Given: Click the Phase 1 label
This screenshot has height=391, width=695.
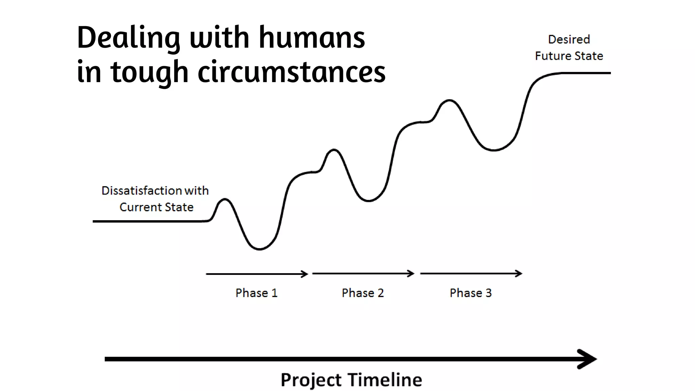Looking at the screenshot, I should pyautogui.click(x=257, y=293).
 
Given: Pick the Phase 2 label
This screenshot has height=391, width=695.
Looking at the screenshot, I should pyautogui.click(x=362, y=293).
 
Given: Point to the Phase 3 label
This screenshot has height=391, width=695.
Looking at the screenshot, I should pyautogui.click(x=470, y=293).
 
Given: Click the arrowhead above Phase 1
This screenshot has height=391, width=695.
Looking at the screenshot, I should pyautogui.click(x=305, y=274).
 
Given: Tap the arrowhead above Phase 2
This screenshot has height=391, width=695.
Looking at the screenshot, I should pyautogui.click(x=411, y=274).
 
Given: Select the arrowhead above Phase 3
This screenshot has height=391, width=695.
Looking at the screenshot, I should pyautogui.click(x=519, y=274).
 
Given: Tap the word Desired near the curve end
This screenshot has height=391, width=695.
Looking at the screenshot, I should pyautogui.click(x=569, y=39).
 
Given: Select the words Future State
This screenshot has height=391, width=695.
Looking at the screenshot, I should pyautogui.click(x=569, y=56).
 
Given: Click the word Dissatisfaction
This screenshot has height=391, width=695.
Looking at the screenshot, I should pyautogui.click(x=142, y=191).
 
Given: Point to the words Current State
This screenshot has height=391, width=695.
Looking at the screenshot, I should pyautogui.click(x=156, y=207).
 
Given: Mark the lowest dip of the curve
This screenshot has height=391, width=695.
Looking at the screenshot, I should pyautogui.click(x=260, y=249).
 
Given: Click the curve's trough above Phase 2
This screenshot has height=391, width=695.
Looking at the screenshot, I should pyautogui.click(x=369, y=201).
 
